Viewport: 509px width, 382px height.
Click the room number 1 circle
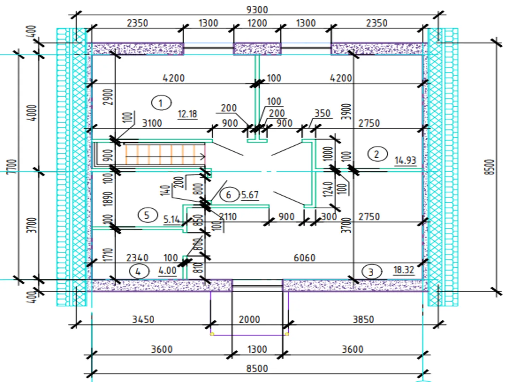pyautogui.click(x=161, y=103)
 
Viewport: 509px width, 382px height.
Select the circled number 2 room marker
pyautogui.click(x=377, y=154)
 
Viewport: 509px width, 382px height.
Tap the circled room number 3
pyautogui.click(x=371, y=272)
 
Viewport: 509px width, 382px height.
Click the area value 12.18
pyautogui.click(x=187, y=114)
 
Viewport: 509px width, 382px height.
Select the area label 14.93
pyautogui.click(x=405, y=160)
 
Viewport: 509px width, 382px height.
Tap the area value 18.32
pyautogui.click(x=404, y=270)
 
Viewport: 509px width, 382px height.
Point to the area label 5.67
pyautogui.click(x=250, y=195)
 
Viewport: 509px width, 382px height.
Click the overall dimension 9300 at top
pyautogui.click(x=257, y=10)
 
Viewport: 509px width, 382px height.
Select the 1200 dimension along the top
pyautogui.click(x=257, y=23)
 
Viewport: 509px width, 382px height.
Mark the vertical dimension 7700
pyautogui.click(x=12, y=166)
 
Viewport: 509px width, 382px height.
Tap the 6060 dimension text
pyautogui.click(x=304, y=257)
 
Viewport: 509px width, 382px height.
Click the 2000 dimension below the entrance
pyautogui.click(x=250, y=319)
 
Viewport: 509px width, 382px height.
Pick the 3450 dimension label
pyautogui.click(x=143, y=319)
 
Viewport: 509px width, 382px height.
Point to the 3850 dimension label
pyautogui.click(x=363, y=319)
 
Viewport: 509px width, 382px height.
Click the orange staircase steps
pyautogui.click(x=165, y=154)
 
